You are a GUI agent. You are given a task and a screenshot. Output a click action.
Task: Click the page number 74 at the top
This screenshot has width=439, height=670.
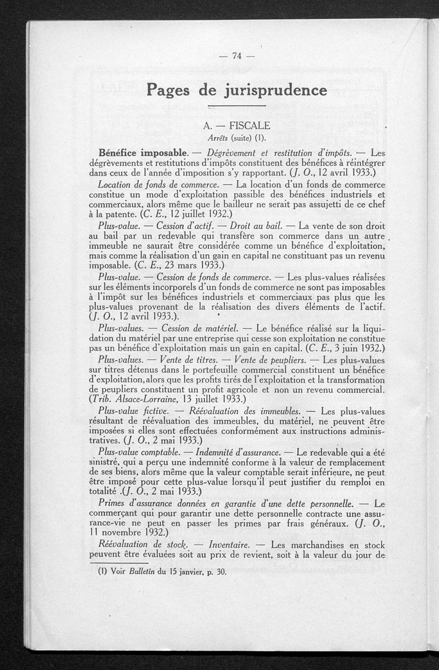[x=237, y=55]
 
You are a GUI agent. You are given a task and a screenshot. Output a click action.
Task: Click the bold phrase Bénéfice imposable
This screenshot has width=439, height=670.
[x=143, y=152]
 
